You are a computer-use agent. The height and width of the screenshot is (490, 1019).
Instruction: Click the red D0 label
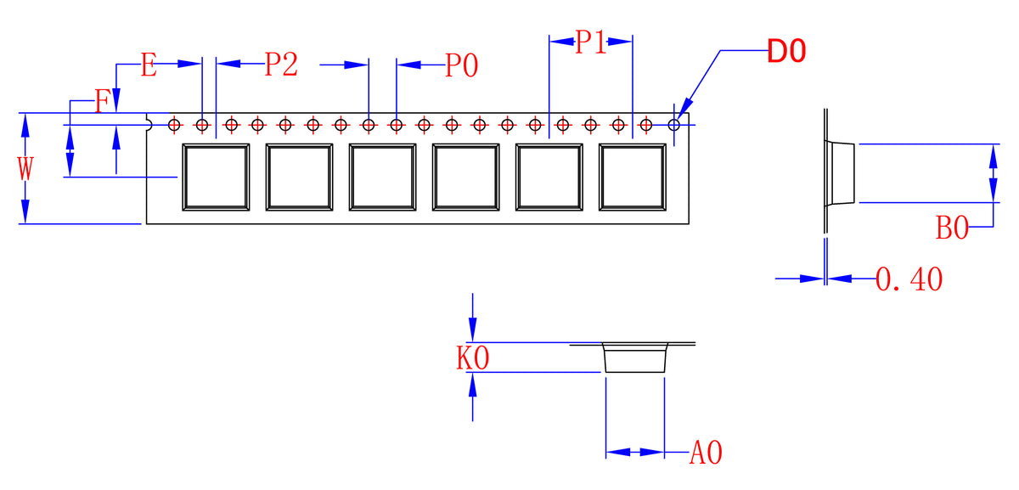pyautogui.click(x=785, y=52)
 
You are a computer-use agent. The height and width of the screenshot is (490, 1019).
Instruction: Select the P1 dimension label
pyautogui.click(x=591, y=42)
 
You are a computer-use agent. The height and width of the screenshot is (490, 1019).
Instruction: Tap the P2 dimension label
pyautogui.click(x=281, y=65)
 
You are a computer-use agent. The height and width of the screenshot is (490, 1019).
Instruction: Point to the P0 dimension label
pyautogui.click(x=462, y=65)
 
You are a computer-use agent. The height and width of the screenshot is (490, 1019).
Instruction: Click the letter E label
pyautogui.click(x=149, y=65)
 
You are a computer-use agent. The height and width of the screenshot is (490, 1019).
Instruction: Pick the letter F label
pyautogui.click(x=102, y=103)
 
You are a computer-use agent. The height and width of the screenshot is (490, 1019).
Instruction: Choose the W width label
pyautogui.click(x=25, y=168)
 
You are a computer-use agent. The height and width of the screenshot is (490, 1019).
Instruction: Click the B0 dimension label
pyautogui.click(x=952, y=228)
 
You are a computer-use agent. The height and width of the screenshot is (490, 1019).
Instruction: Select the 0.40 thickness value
pyautogui.click(x=909, y=279)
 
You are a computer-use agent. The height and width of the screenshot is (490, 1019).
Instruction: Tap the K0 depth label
pyautogui.click(x=473, y=358)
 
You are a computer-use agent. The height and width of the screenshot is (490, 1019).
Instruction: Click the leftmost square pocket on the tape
pyautogui.click(x=216, y=177)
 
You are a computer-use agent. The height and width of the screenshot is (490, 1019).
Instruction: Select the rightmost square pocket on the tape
pyautogui.click(x=632, y=177)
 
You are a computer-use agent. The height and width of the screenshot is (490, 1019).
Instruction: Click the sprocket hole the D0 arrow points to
pyautogui.click(x=674, y=126)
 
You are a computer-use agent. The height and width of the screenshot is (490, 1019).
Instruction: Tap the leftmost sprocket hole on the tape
pyautogui.click(x=174, y=126)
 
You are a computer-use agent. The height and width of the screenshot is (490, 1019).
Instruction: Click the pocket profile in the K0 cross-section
pyautogui.click(x=633, y=358)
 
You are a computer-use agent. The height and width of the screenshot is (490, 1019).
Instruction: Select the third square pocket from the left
pyautogui.click(x=382, y=177)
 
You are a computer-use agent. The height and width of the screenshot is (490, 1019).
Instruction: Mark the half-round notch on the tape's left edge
pyautogui.click(x=149, y=125)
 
